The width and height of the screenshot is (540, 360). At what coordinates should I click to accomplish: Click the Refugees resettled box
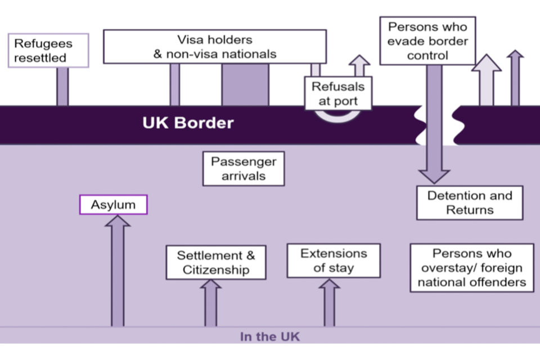(x=49, y=51)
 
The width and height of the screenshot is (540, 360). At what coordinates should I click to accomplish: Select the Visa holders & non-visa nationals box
(x=214, y=47)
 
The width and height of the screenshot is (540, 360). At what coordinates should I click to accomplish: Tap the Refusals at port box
(x=338, y=94)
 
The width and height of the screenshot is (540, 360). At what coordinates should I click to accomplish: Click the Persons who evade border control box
(x=427, y=41)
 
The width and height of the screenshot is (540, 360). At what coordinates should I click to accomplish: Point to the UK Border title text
(x=187, y=123)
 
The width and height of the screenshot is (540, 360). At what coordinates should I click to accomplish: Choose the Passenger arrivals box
(x=243, y=169)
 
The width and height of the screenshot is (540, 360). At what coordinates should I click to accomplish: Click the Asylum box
(x=113, y=205)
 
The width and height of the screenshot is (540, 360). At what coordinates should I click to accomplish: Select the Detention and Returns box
(x=469, y=202)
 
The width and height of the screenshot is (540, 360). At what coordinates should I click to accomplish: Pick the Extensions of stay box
(x=333, y=260)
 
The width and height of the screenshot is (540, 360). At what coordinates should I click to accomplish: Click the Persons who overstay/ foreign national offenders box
(x=471, y=268)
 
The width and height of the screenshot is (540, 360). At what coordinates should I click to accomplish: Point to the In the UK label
(x=269, y=337)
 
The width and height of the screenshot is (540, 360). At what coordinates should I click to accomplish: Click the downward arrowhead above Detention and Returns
(x=434, y=175)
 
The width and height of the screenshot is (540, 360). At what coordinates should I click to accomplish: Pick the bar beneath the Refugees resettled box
(x=62, y=86)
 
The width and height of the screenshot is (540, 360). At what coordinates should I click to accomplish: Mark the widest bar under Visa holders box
(x=245, y=84)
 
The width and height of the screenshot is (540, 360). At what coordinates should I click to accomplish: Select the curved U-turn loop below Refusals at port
(x=336, y=115)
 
